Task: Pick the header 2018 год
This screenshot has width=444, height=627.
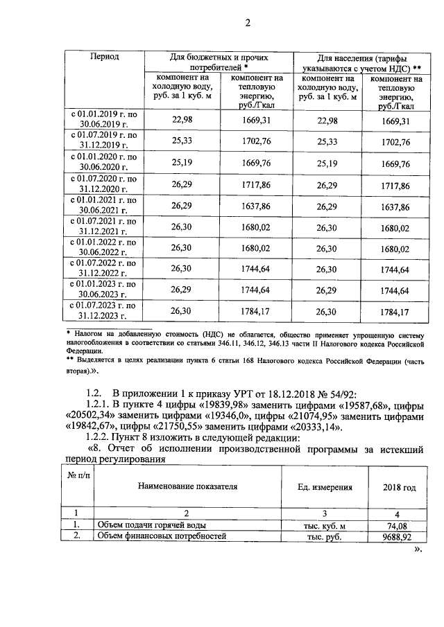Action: click(400, 488)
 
